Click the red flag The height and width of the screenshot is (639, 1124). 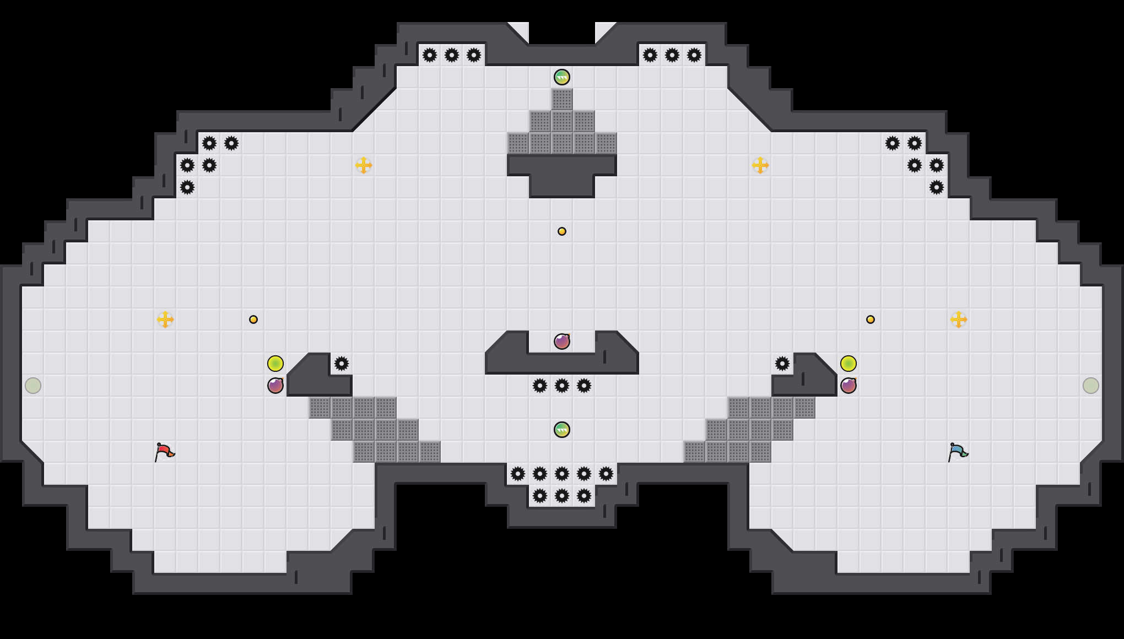tap(164, 452)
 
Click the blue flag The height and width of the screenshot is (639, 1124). tap(958, 452)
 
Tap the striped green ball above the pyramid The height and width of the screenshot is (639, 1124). tap(562, 77)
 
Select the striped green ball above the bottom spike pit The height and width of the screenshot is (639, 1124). tap(562, 430)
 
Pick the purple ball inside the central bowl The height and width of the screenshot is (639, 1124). tap(562, 342)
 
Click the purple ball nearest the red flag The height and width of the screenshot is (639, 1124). tap(275, 386)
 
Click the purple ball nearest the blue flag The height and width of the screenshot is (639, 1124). tap(849, 386)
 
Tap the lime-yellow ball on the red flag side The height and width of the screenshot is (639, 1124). tap(275, 364)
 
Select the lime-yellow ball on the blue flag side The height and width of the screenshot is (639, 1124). tap(849, 364)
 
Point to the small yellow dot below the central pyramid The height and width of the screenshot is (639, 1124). tap(562, 231)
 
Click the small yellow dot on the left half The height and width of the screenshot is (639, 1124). tap(253, 319)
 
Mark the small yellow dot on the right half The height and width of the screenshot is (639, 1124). tap(871, 319)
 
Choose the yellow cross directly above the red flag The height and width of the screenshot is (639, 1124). tap(165, 319)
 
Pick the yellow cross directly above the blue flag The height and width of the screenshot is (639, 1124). tap(959, 319)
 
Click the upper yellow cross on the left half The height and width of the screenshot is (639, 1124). tap(364, 165)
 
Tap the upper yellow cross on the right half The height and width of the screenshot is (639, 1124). tap(760, 165)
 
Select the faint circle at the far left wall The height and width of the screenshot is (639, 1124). tap(33, 386)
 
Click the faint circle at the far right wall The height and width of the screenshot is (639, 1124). tap(1091, 386)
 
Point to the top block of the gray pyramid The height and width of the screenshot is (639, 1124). tap(562, 99)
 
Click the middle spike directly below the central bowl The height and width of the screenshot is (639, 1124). tap(562, 386)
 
